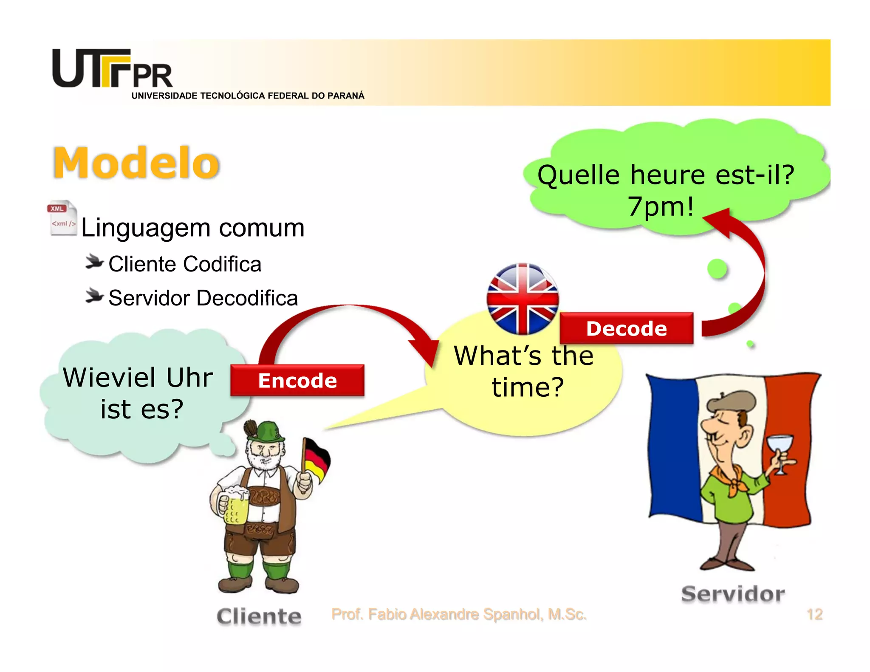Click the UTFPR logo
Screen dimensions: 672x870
(x=112, y=69)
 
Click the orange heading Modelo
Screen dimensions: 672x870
(x=136, y=163)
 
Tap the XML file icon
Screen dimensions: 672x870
(x=62, y=218)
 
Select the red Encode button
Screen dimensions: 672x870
(x=297, y=380)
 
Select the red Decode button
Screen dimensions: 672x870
(x=627, y=328)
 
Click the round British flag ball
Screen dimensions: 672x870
(x=523, y=299)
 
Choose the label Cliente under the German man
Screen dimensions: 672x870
(x=259, y=616)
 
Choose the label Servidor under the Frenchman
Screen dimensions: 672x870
(x=733, y=594)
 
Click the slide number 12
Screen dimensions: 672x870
(x=814, y=614)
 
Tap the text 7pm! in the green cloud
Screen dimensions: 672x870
(x=661, y=206)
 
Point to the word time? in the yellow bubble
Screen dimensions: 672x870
(x=528, y=387)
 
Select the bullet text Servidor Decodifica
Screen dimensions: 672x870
(x=203, y=298)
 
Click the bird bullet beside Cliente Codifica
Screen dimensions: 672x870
(x=94, y=262)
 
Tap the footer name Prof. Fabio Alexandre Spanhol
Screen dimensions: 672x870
(x=459, y=614)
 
